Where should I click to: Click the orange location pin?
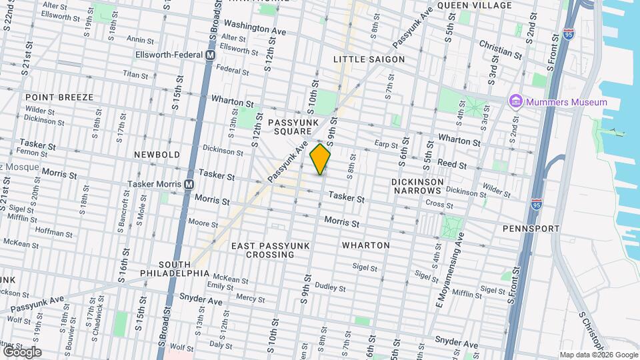click(321, 159)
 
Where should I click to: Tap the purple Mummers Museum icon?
click(515, 102)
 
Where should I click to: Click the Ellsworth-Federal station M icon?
click(210, 55)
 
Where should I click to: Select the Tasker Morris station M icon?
click(189, 184)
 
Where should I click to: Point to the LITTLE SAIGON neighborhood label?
click(369, 59)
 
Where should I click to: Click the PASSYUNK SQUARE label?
click(291, 128)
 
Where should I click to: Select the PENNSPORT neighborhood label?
click(531, 229)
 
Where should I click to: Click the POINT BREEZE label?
click(59, 97)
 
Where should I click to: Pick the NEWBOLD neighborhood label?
click(157, 155)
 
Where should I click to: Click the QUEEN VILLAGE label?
click(474, 5)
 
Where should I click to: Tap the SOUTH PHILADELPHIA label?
click(175, 268)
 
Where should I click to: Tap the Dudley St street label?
click(330, 287)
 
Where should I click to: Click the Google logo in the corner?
click(21, 352)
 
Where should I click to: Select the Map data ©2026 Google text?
click(598, 355)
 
